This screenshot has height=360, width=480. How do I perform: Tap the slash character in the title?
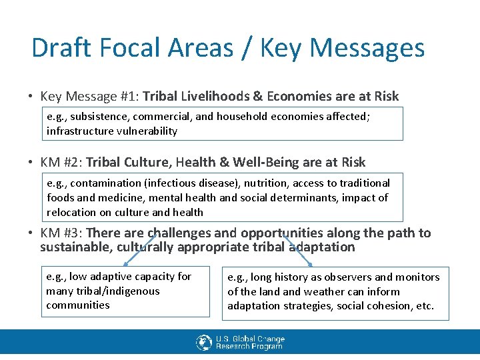tap(247, 48)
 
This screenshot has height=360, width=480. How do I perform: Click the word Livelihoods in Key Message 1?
tap(213, 97)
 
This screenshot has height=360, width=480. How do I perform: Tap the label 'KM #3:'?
tap(61, 233)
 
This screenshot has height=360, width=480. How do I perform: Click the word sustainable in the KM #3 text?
tap(76, 247)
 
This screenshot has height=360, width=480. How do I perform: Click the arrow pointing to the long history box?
tap(297, 251)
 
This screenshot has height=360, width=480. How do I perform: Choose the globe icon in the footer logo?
tap(204, 342)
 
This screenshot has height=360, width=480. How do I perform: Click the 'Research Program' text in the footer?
tap(249, 346)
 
